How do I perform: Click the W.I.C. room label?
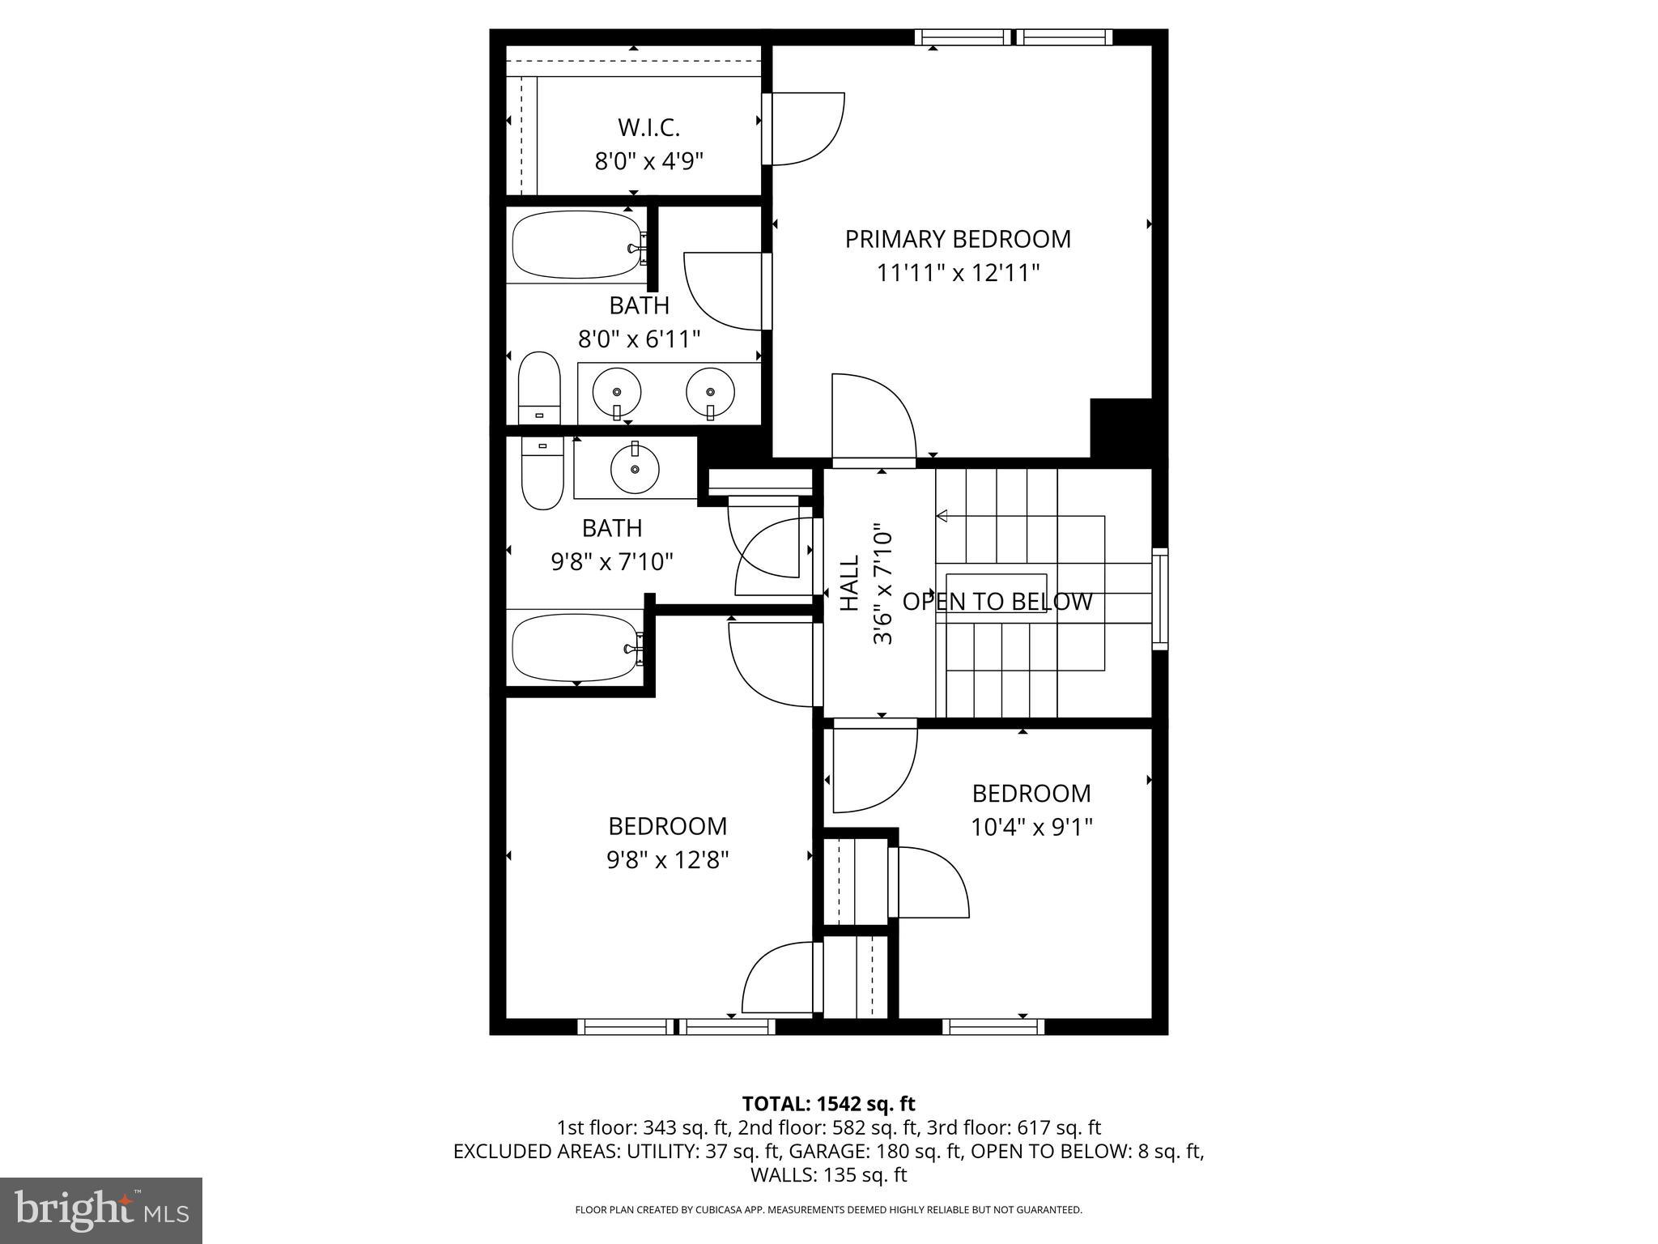(x=648, y=128)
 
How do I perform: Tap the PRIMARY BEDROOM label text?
(x=958, y=239)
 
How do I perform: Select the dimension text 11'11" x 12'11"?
(x=958, y=273)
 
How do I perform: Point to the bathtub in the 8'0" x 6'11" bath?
(x=577, y=245)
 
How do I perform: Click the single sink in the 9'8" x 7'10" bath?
(x=635, y=468)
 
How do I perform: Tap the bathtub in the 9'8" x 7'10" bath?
(x=577, y=648)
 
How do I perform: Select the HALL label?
(x=848, y=583)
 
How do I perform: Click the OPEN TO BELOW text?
(x=997, y=602)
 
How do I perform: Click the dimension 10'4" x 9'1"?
(x=1031, y=827)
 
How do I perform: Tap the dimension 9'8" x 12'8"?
(x=668, y=859)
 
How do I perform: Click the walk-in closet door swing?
(x=806, y=130)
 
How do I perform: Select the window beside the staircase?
(x=1160, y=599)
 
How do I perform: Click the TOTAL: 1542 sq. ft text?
(x=828, y=1103)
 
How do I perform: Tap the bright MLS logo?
(x=101, y=1210)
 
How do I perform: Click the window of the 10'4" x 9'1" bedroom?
(x=993, y=1027)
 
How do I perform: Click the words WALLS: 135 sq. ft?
(x=828, y=1174)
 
